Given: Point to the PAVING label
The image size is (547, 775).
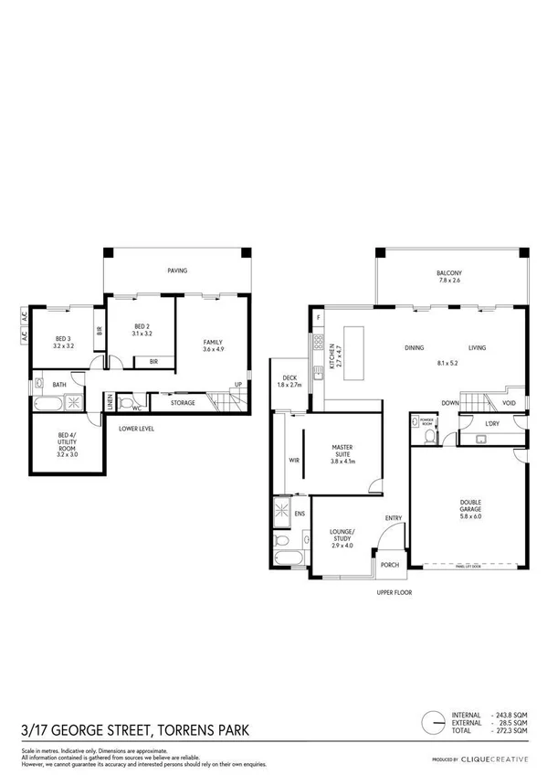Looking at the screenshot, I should click(176, 271).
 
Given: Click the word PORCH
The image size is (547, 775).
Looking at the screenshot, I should click(390, 564).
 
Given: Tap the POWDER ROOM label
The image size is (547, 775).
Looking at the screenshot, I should click(426, 420).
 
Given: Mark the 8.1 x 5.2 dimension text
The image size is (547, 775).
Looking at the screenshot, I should click(447, 362).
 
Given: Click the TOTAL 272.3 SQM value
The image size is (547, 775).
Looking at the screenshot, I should click(510, 730).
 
